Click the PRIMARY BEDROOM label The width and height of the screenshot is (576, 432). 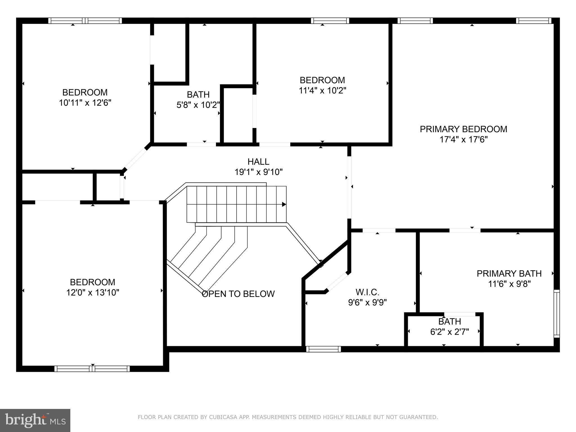point(463,129)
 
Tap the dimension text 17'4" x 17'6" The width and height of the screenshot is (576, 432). point(463,139)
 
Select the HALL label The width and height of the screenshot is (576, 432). point(258,162)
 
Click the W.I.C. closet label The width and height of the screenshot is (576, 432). point(367,292)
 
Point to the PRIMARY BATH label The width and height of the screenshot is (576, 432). point(509,273)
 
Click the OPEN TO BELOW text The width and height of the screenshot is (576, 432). point(238,294)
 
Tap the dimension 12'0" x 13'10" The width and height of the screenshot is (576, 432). point(93,292)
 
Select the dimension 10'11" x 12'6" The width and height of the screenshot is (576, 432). point(85,103)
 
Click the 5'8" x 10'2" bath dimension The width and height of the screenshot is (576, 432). point(198,105)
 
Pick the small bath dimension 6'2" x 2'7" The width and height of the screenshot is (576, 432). point(449,332)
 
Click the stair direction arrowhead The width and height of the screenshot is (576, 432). point(284,204)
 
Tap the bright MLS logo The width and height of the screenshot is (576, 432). point(35,420)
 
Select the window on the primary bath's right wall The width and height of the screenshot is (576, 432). point(557,314)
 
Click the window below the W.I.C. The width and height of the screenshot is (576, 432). point(323,349)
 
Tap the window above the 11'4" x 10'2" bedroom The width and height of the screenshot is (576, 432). point(330,21)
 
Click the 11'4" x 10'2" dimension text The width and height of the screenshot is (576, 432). point(322,91)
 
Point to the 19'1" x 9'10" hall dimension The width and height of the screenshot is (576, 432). point(258,172)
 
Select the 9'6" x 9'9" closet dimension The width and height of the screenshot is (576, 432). point(367,303)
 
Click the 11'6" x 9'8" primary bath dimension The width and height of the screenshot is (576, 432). point(509,284)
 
